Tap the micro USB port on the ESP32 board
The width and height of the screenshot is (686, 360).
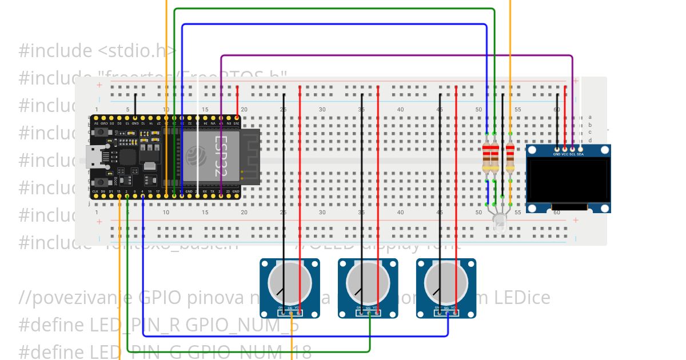[90, 156]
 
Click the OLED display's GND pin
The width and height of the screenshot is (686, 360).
[557, 149]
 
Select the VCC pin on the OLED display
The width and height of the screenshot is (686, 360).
[565, 149]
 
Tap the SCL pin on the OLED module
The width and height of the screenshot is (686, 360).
[572, 149]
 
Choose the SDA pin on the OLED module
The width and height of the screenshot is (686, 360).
[580, 149]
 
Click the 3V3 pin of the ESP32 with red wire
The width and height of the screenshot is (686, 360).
[237, 117]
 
